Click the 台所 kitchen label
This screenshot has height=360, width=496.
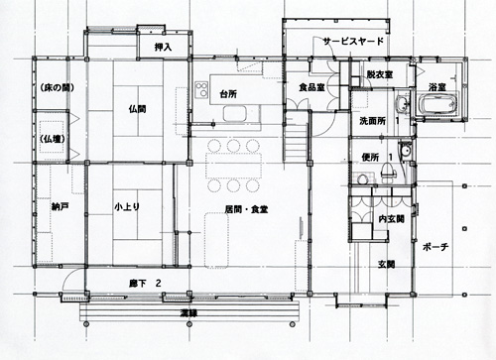pos(228,94)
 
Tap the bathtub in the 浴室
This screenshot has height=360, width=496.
pos(438,104)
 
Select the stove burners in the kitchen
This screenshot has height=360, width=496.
pos(201,89)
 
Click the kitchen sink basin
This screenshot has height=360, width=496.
pos(235,114)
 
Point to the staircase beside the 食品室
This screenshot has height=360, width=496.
pos(296,136)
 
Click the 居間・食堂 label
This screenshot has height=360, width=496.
pos(246,209)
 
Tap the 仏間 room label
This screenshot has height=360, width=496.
pos(137,109)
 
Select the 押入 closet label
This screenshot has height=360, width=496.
pos(164,48)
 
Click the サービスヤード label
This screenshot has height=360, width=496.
pos(353,42)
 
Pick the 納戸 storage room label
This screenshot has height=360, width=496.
pos(61,207)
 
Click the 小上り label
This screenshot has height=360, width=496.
pos(127,207)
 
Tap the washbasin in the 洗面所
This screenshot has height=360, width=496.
pos(402,104)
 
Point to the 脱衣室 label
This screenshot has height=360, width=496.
pos(380,74)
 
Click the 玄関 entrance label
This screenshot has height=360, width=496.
pos(387,264)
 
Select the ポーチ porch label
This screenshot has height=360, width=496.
pos(435,247)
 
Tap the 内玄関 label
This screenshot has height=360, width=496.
pos(392,219)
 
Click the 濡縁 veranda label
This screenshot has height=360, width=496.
pos(188,313)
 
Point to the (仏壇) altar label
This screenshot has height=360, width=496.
pos(53,139)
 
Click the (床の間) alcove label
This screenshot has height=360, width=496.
pos(57,88)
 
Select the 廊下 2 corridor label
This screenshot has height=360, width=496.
pos(145,284)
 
